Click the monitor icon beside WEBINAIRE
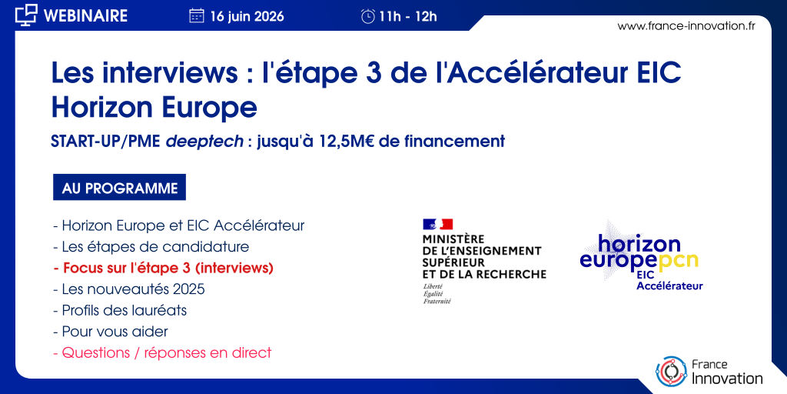coord(26,15)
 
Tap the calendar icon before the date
coord(196,16)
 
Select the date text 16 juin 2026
coord(247,17)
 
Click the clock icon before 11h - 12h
coord(368,17)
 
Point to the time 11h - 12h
coord(408,17)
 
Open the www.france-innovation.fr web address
coord(686,26)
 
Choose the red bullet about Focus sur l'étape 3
coord(163,269)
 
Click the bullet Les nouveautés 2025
coord(129,289)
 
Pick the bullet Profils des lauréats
coord(120,311)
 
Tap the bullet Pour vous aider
coord(111,332)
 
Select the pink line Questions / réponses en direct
coord(162,352)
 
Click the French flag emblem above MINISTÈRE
coord(437,224)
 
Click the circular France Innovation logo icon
coord(671,371)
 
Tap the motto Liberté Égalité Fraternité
coord(437,293)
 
